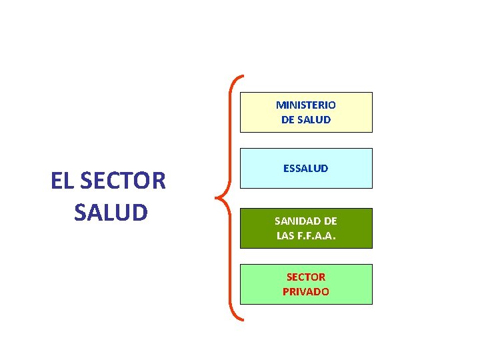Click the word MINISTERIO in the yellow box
(x=306, y=105)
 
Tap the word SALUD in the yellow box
(x=315, y=120)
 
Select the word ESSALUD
(x=306, y=169)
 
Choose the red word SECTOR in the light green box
(x=306, y=277)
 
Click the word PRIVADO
(x=306, y=291)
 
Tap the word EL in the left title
(x=62, y=181)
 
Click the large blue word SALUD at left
(x=111, y=212)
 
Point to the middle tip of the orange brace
(x=217, y=197)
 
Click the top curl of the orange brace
(x=241, y=77)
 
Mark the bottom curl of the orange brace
(x=241, y=319)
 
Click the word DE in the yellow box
(x=288, y=120)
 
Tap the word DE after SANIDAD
(x=329, y=221)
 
